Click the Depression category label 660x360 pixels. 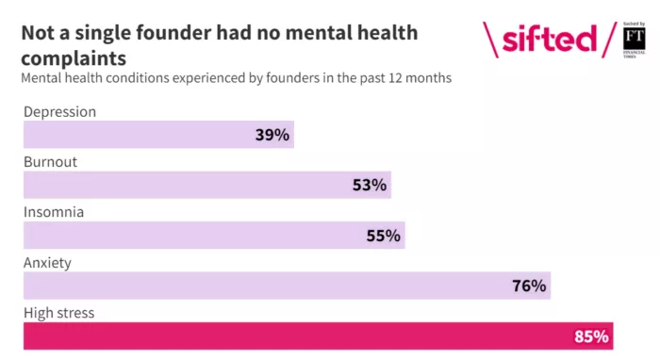point(59,111)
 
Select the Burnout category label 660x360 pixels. point(50,161)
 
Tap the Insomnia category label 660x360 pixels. point(54,212)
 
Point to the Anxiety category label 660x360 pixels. point(47,263)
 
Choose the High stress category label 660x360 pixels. point(58,313)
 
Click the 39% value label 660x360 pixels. point(272,135)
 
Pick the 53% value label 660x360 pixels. point(369,185)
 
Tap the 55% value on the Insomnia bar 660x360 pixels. point(383,236)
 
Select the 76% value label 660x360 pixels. point(528,286)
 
